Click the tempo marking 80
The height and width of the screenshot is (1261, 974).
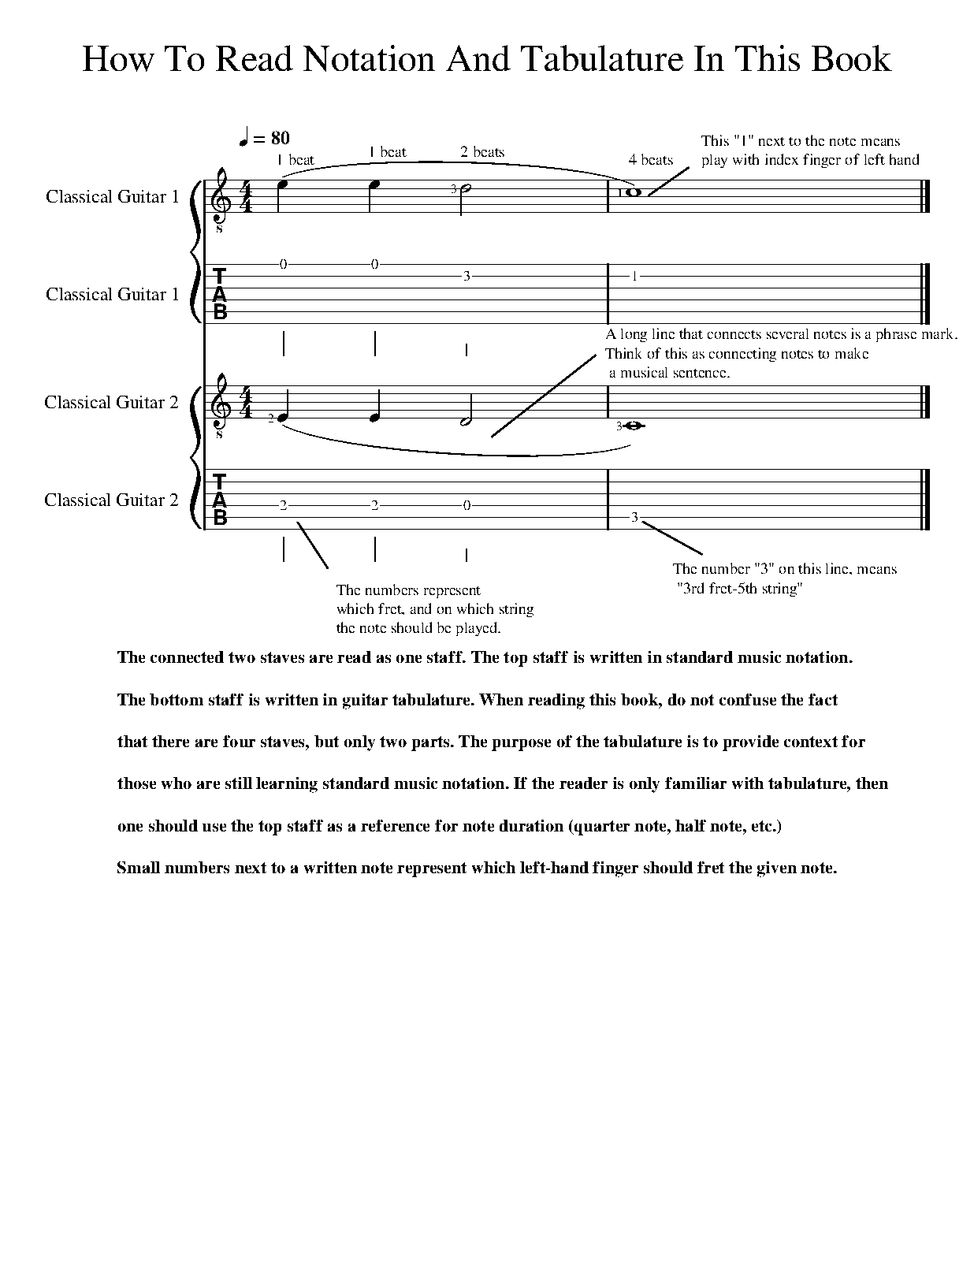(280, 139)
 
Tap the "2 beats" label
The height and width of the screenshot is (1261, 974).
(482, 152)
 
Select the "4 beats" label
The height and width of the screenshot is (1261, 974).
(650, 160)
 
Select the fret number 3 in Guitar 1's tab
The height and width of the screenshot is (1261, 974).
(467, 277)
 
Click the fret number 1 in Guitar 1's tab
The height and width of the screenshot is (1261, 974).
(634, 277)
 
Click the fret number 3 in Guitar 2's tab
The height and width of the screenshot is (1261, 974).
(634, 518)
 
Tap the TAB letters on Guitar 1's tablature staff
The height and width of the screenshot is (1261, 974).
(220, 294)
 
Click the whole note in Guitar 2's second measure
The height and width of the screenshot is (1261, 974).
(635, 426)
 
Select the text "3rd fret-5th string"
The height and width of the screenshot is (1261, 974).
(739, 589)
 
